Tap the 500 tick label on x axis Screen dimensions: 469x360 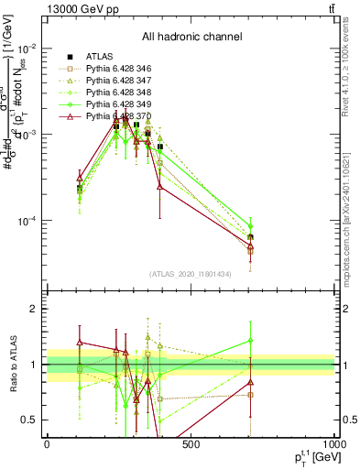191,444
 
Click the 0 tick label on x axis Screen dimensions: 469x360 47,444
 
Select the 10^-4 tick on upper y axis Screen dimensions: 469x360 27,221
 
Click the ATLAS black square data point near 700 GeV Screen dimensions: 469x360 250,237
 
